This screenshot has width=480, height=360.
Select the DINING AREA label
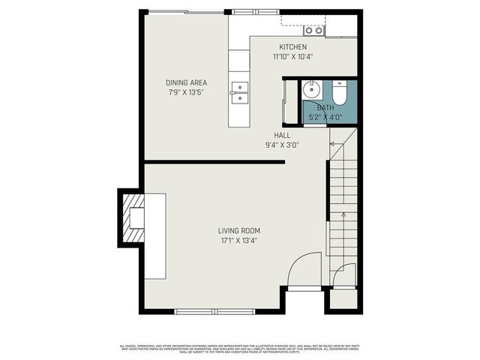point(186,82)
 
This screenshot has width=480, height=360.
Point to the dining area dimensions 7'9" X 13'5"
point(186,92)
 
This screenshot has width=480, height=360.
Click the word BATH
point(325,108)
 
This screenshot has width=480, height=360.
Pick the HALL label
point(282,136)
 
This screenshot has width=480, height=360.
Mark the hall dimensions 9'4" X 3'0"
point(282,145)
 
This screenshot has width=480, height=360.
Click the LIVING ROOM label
point(239,231)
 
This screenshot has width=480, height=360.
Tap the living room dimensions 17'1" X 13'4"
point(239,241)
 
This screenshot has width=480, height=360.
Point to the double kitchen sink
point(239,91)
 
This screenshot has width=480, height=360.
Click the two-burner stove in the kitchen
point(313,30)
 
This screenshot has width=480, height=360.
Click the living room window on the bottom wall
point(214,310)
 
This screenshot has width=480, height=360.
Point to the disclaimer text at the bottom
point(240,348)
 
